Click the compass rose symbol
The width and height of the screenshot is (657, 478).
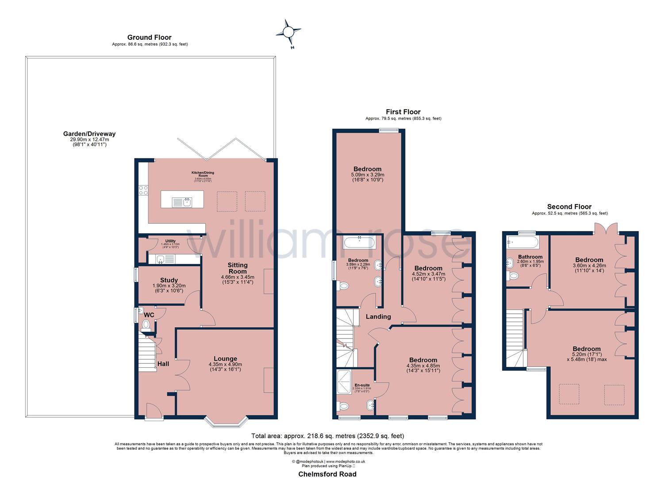(x=288, y=32)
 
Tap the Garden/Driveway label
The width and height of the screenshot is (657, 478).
(x=89, y=134)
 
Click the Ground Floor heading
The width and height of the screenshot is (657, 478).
(x=149, y=37)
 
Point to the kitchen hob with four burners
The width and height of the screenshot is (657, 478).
(x=144, y=190)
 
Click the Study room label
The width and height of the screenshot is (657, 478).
(x=169, y=280)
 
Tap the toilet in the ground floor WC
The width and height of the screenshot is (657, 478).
(x=146, y=325)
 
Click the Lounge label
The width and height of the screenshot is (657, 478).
(x=225, y=358)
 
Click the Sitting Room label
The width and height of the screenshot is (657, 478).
(x=237, y=268)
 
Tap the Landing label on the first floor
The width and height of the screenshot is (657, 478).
(x=378, y=316)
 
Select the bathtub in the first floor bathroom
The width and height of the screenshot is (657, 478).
(x=359, y=242)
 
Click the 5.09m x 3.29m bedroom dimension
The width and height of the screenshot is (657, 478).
(x=367, y=175)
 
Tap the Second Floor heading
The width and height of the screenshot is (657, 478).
(x=569, y=207)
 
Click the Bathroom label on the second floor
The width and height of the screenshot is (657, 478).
(x=530, y=257)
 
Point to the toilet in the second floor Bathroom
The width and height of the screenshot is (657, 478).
(x=513, y=276)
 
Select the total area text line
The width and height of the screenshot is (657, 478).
(x=328, y=436)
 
